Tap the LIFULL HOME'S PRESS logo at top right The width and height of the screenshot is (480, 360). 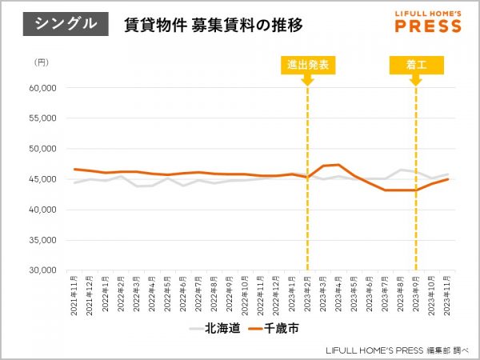428,22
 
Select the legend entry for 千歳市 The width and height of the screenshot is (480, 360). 276,328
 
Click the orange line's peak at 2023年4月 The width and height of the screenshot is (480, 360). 339,165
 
